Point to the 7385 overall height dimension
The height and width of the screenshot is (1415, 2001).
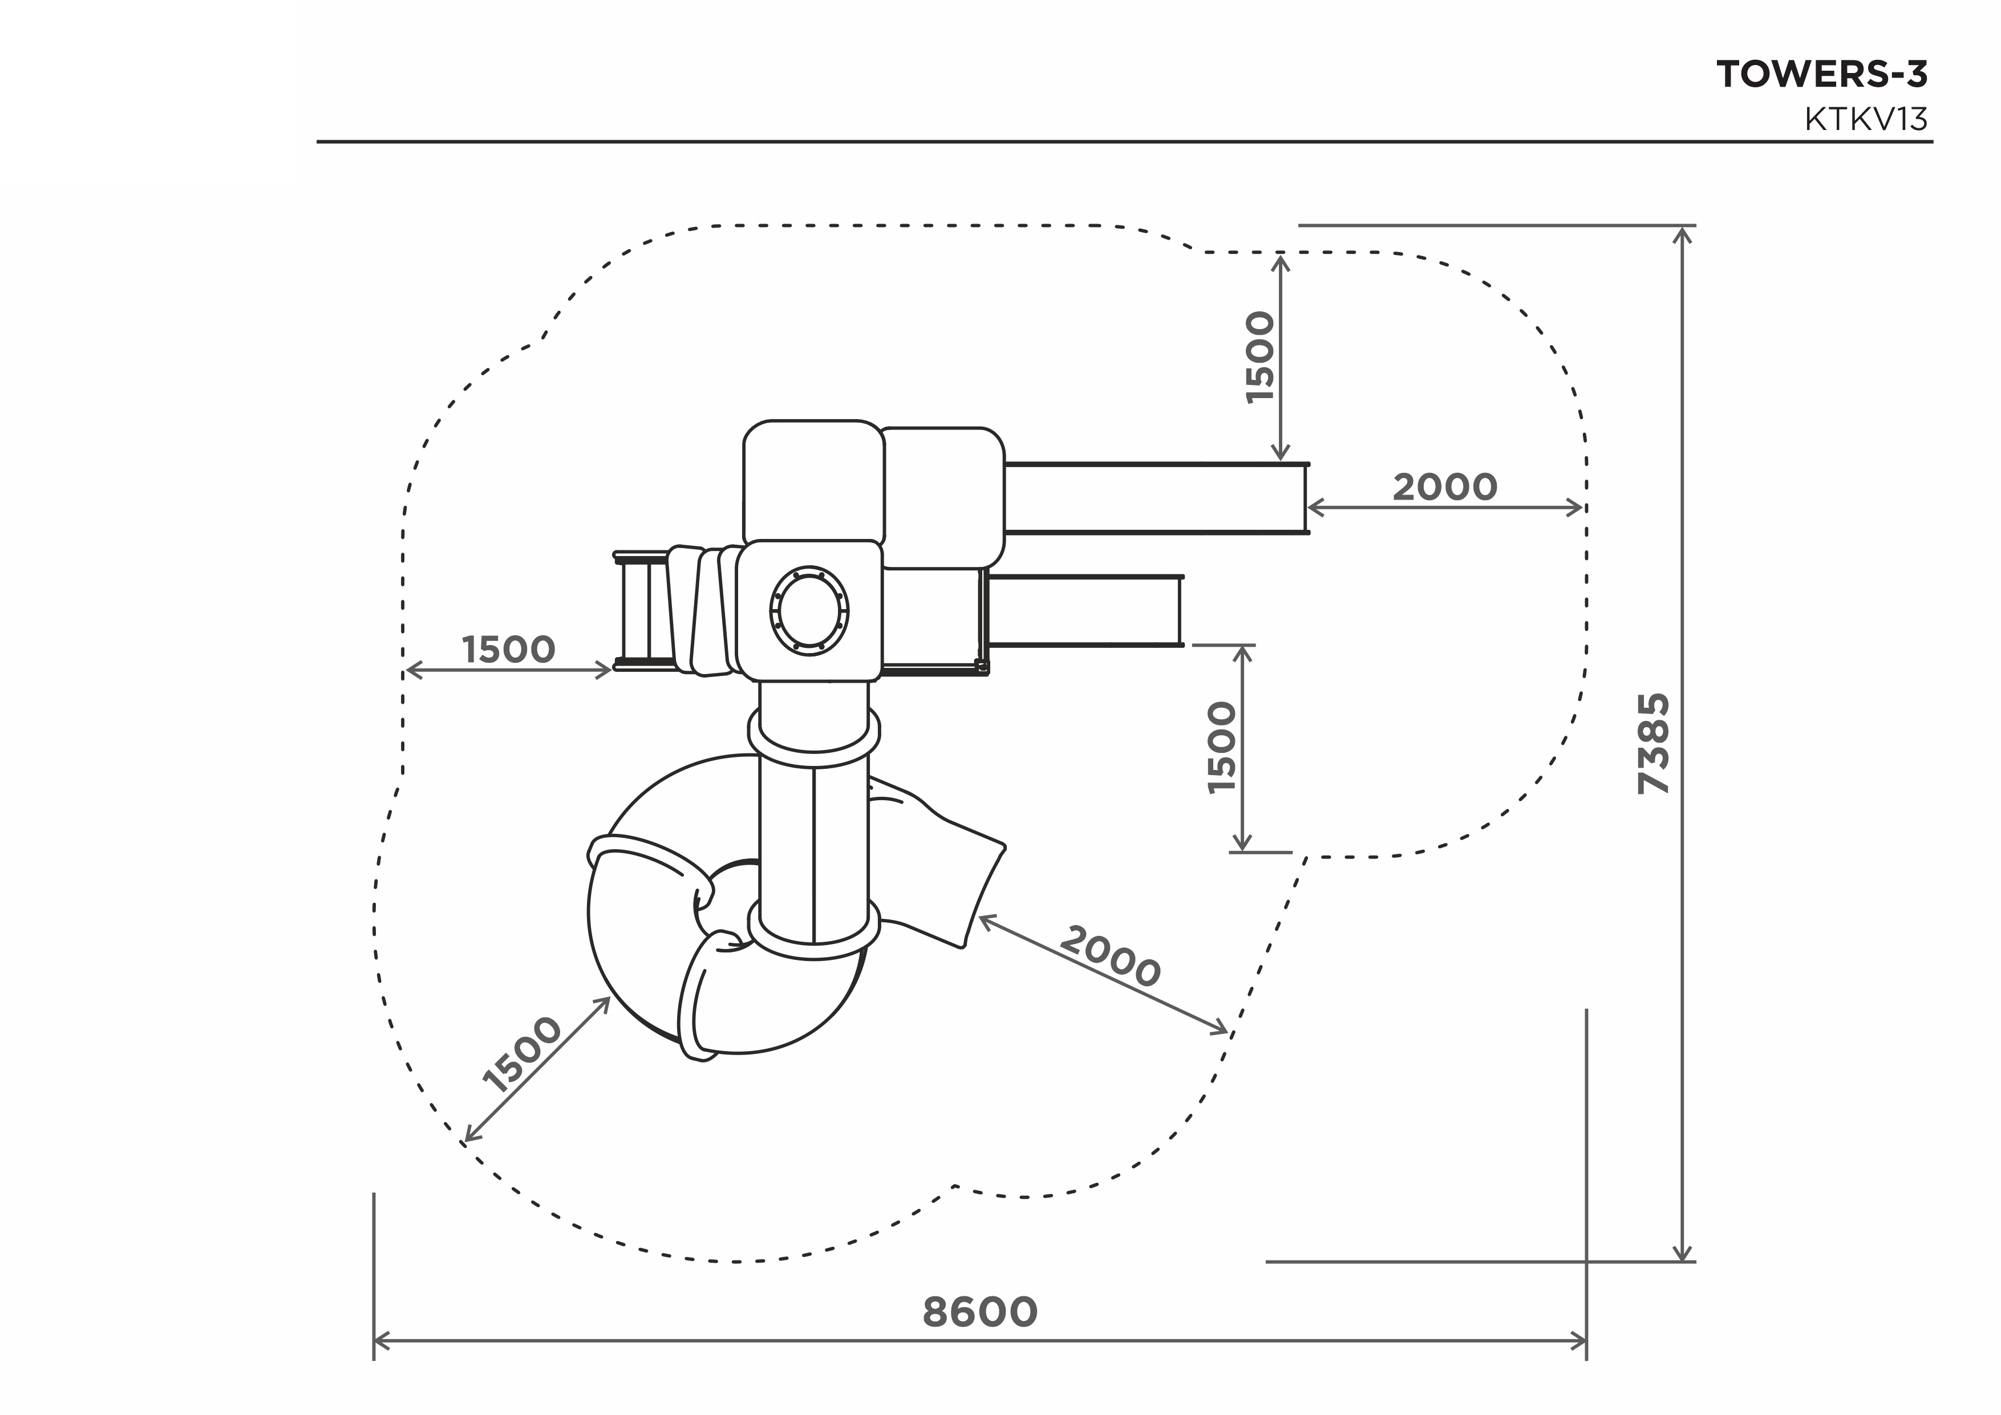click(x=1653, y=743)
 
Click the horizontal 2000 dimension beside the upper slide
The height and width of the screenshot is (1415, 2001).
click(x=1445, y=487)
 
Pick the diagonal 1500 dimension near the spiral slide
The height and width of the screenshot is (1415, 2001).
click(x=522, y=1055)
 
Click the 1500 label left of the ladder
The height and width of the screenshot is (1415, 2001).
click(x=508, y=650)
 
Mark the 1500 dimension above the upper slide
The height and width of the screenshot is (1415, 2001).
click(x=1260, y=357)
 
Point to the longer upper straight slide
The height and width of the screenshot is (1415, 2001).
click(x=1156, y=497)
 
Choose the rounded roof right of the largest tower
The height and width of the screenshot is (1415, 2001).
click(x=943, y=497)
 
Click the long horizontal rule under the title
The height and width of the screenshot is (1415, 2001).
click(x=1124, y=141)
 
